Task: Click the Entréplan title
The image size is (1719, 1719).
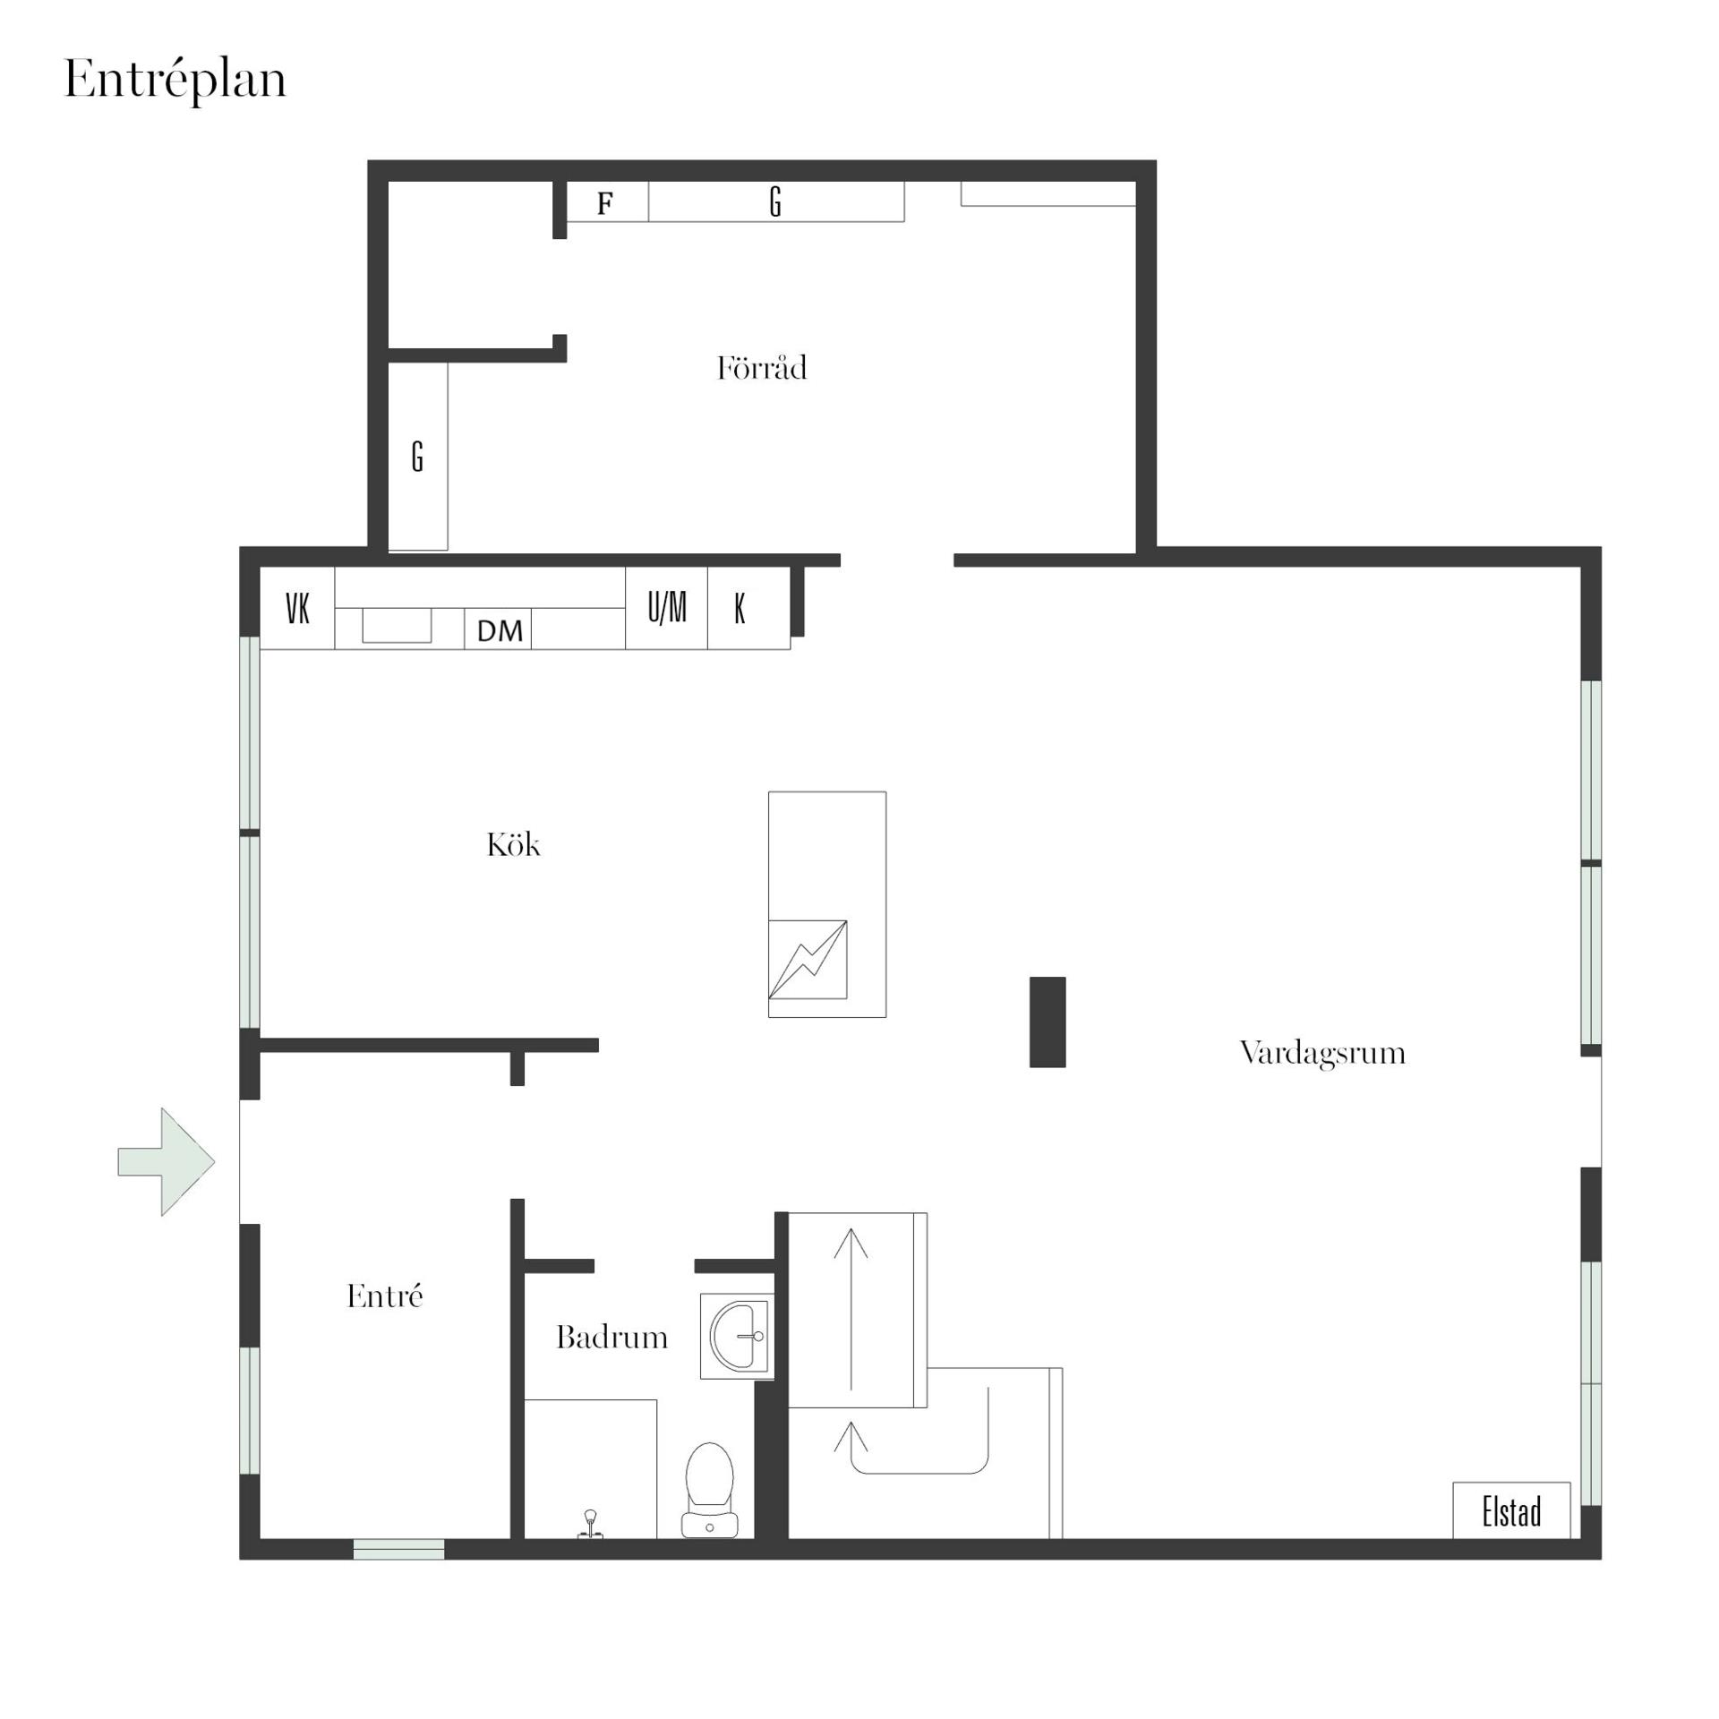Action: (175, 81)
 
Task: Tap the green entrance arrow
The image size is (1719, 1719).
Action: (167, 1161)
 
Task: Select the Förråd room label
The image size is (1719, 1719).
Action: (762, 368)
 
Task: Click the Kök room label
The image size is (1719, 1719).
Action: (513, 844)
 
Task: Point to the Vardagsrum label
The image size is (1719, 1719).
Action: (1322, 1054)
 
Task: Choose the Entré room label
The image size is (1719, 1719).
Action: (384, 1295)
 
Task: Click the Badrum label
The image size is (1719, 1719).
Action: (611, 1337)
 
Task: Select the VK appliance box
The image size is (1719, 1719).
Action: (297, 608)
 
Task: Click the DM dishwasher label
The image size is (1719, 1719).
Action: (500, 631)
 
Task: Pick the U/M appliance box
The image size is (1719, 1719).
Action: (666, 608)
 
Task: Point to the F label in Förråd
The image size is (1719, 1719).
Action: (605, 204)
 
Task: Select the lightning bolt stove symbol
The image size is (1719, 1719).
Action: (808, 959)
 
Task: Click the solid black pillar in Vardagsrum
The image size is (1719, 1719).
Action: (1048, 1022)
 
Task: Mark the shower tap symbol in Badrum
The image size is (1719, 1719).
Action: (590, 1524)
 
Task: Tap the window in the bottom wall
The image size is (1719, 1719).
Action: (399, 1549)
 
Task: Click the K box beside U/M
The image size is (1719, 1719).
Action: (748, 608)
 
